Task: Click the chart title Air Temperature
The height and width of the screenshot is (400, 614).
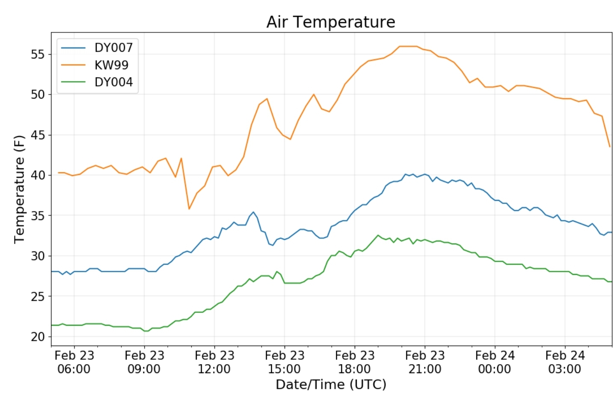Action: pos(331,22)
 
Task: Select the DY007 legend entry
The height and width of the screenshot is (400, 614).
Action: pos(113,47)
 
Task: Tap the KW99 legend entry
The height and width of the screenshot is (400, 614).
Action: pos(111,65)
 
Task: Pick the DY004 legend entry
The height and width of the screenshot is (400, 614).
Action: pos(113,82)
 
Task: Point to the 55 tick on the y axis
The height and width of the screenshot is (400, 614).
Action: pos(38,54)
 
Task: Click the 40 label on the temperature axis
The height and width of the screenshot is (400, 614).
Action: pos(38,175)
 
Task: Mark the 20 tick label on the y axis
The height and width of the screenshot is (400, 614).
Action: pos(38,337)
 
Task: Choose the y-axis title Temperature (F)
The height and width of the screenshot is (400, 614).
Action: pos(19,189)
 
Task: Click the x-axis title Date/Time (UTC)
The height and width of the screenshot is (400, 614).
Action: pos(331,385)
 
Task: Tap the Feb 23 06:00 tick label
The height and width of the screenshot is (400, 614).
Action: pos(74,362)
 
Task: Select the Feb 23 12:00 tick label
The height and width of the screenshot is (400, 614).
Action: pos(214,362)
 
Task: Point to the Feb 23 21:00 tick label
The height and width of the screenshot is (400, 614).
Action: pos(425,362)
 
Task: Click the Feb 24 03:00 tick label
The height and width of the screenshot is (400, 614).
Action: pos(565,362)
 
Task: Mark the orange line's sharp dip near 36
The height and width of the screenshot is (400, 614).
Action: pos(189,209)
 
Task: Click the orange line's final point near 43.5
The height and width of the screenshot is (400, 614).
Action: pos(610,147)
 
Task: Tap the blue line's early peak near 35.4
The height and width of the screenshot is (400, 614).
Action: pos(253,212)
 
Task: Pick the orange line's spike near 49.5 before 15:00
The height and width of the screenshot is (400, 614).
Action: pos(267,99)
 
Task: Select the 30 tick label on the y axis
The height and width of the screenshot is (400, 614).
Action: pos(38,256)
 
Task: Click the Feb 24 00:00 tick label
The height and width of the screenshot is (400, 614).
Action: pos(495,362)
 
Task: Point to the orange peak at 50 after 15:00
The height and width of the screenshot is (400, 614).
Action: pos(314,94)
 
